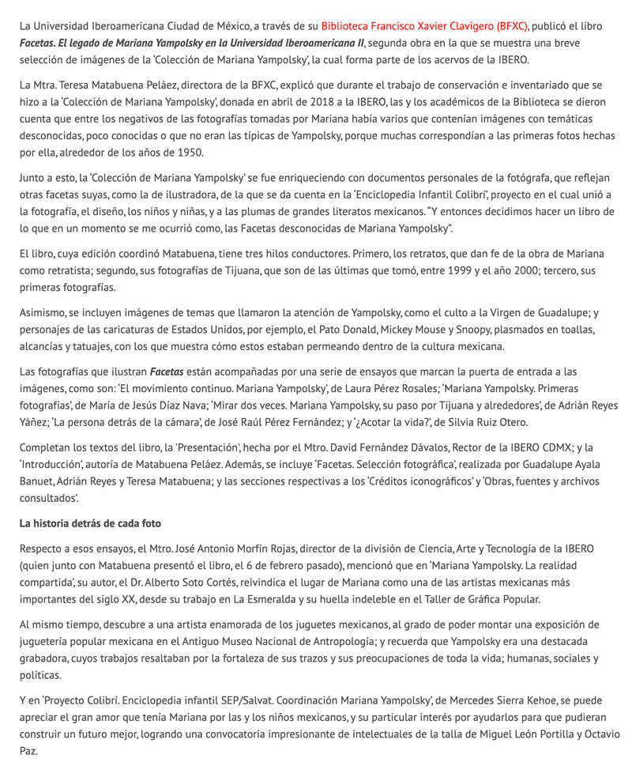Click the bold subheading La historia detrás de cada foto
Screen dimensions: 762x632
coord(90,523)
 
